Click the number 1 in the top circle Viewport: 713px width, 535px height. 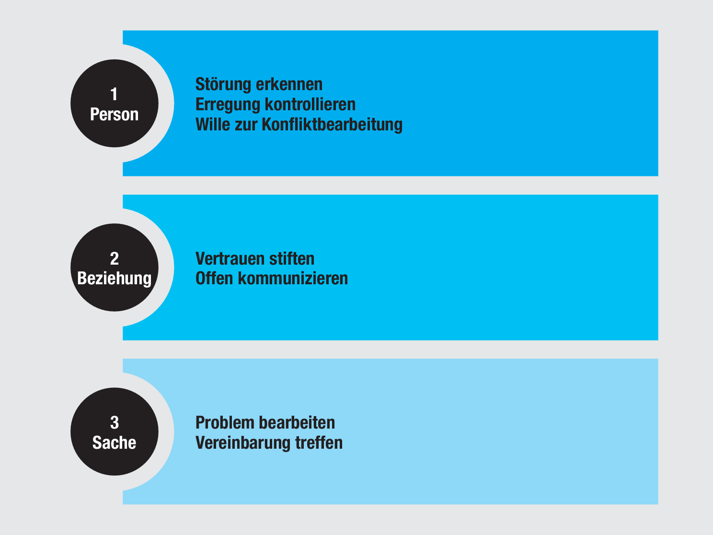point(114,94)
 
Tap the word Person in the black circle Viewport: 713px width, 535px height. point(114,115)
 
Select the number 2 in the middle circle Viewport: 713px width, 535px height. point(114,258)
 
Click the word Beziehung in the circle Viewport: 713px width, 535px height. point(114,279)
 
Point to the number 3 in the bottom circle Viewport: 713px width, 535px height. point(114,422)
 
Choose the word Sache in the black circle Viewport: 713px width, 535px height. point(114,442)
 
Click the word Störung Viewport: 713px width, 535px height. point(223,85)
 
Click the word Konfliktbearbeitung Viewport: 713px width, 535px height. point(332,125)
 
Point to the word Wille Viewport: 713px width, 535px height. point(213,125)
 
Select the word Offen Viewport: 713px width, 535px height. point(214,279)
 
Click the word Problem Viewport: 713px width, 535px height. point(225,423)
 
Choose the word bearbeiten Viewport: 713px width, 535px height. point(297,423)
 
